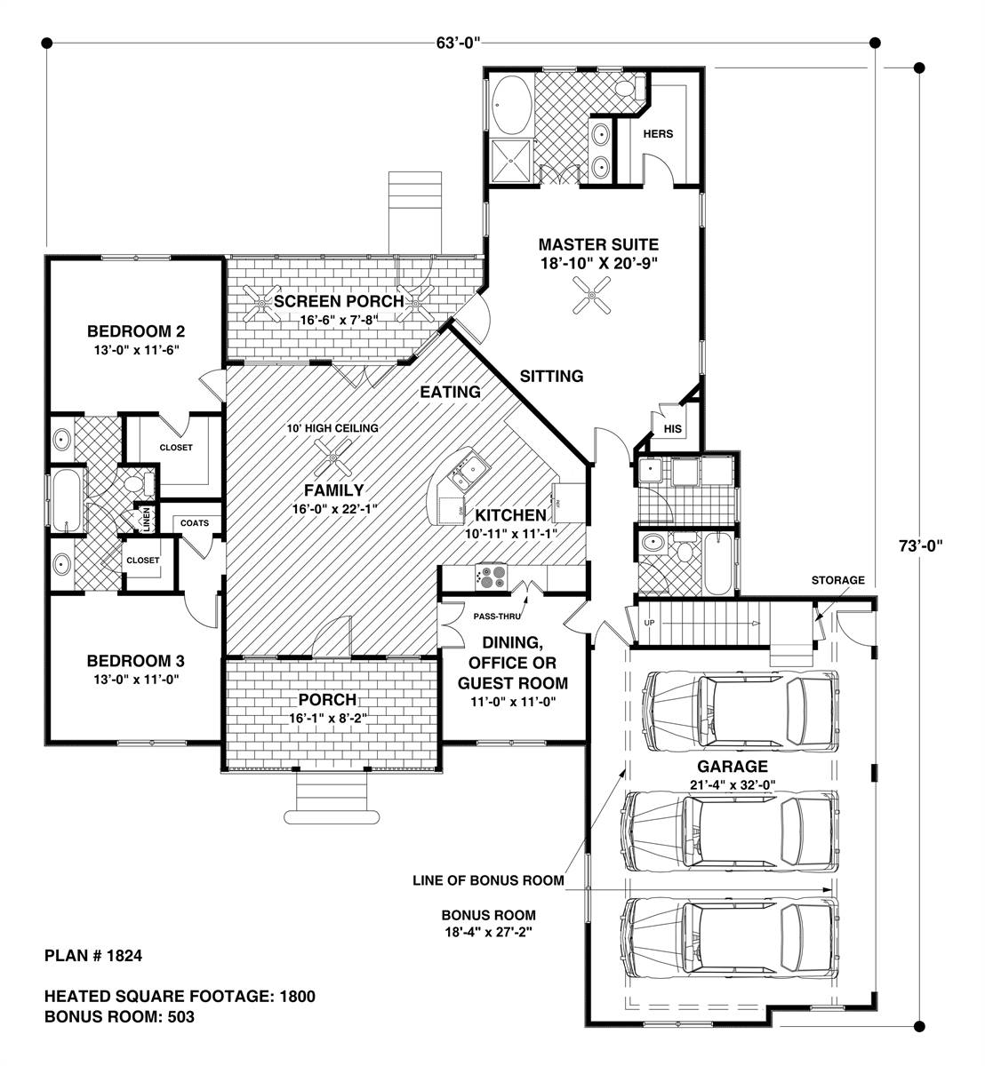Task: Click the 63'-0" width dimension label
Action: click(457, 43)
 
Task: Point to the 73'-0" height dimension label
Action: click(920, 545)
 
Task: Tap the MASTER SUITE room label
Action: click(598, 245)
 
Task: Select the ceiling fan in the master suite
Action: click(592, 294)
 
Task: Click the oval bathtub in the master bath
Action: click(512, 105)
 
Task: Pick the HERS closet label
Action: click(658, 133)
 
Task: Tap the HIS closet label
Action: click(672, 428)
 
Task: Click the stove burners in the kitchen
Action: click(491, 577)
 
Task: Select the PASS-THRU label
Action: click(497, 617)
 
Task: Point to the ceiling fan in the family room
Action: click(332, 457)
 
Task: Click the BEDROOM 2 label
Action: click(136, 331)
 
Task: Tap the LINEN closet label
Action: click(147, 519)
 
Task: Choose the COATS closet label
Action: click(195, 523)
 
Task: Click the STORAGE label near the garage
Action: click(837, 580)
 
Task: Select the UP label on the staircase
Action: click(649, 623)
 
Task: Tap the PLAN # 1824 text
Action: click(93, 956)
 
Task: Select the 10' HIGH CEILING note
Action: click(332, 428)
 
